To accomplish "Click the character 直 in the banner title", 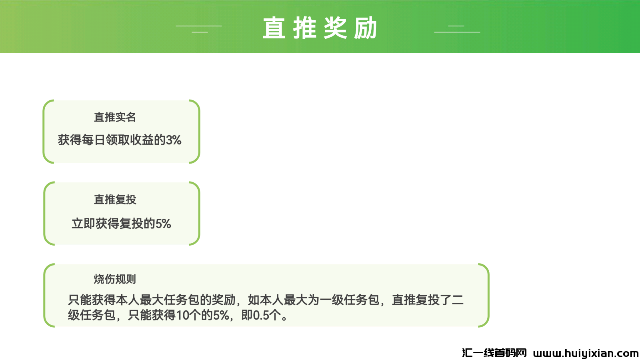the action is coord(274,28).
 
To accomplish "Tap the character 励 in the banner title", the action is coord(366,28).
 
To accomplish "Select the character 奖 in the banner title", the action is coord(335,28).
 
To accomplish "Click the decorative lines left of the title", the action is coord(199,29).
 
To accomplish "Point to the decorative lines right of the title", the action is coord(457,29).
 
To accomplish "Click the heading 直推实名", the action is coord(115,117).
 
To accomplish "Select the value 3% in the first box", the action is coord(174,140).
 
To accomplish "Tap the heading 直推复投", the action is coord(115,200).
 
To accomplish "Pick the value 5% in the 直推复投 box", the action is coord(163,224).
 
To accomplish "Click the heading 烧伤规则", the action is coord(115,279).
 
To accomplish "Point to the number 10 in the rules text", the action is coord(182,316).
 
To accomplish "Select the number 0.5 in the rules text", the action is coord(261,316).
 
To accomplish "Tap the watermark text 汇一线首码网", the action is coord(494,353).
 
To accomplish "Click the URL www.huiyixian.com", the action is coord(586,354).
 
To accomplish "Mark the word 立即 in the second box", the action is coord(84,224).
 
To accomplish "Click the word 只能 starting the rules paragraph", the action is coord(80,300).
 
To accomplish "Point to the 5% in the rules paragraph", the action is coord(221,316).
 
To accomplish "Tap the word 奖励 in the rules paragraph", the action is coord(224,300).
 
